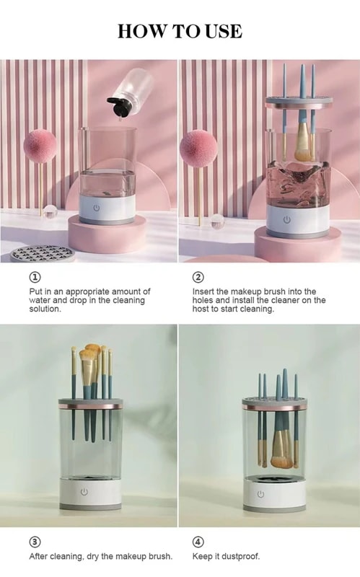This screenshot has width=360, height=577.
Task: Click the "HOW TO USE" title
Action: [180, 31]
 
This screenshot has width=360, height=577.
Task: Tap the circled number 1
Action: [35, 277]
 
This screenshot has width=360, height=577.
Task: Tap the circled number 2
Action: [198, 277]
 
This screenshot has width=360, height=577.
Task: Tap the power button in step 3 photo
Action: [84, 492]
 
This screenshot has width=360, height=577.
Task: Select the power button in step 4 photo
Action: [260, 494]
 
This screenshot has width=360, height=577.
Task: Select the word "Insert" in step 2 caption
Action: [204, 291]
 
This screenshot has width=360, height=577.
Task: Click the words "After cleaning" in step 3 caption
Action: [56, 557]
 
